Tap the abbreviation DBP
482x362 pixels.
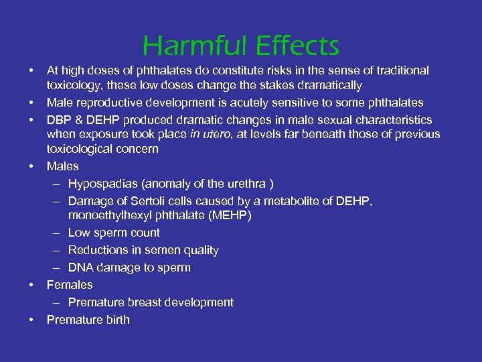click(58, 120)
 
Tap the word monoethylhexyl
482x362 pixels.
click(108, 215)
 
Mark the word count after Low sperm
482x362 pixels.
click(145, 233)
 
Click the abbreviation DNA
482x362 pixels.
click(80, 267)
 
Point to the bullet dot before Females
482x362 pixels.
click(31, 285)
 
